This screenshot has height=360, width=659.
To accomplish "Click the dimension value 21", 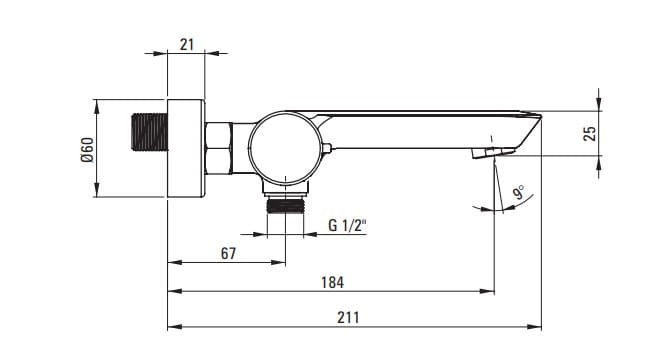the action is (x=187, y=44).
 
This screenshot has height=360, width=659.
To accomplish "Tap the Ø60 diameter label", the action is (x=87, y=150).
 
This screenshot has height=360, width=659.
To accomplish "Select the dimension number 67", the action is (x=228, y=253).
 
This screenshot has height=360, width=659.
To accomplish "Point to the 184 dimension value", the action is (x=332, y=282).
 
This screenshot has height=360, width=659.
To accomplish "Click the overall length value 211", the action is (x=348, y=318).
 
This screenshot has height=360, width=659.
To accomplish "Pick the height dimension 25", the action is (x=590, y=134).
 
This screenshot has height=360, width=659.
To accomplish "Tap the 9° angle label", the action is (x=519, y=192).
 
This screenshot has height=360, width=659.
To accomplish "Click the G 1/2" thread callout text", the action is (x=347, y=226).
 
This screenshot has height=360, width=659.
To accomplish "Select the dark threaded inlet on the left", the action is (x=150, y=131).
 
